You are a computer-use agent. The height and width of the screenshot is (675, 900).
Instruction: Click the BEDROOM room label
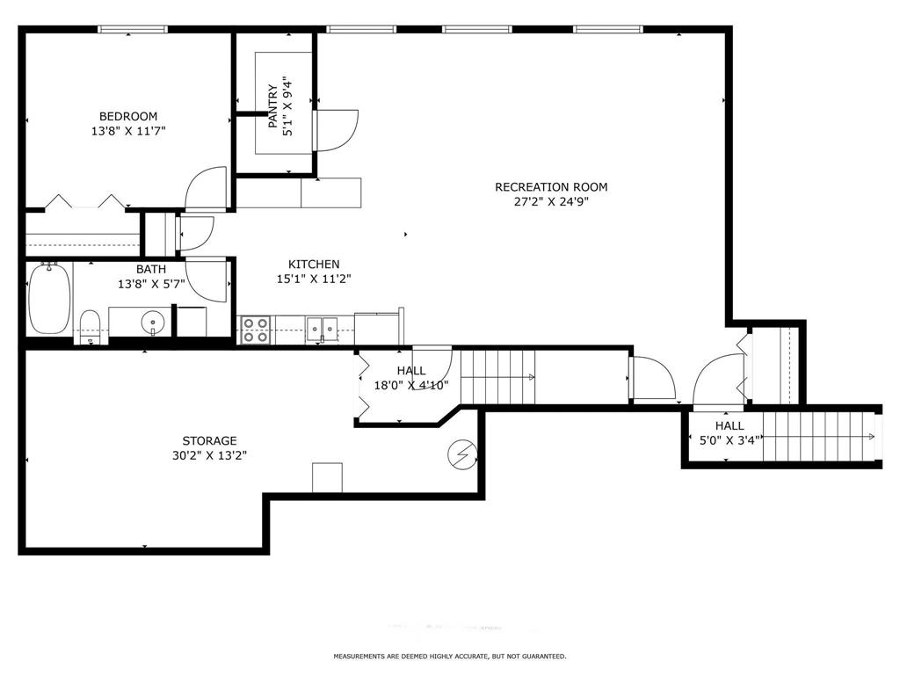pyautogui.click(x=128, y=116)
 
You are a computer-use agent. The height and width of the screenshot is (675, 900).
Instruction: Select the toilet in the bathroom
pyautogui.click(x=90, y=325)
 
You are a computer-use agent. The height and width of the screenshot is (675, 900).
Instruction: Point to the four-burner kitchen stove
pyautogui.click(x=256, y=330)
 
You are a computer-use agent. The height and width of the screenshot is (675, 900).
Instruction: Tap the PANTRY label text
pyautogui.click(x=273, y=106)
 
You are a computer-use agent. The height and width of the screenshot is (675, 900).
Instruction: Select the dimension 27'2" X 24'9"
pyautogui.click(x=551, y=201)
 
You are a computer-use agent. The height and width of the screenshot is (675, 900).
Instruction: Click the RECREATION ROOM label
pyautogui.click(x=551, y=186)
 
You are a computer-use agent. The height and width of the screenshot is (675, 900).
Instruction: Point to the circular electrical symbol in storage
pyautogui.click(x=461, y=454)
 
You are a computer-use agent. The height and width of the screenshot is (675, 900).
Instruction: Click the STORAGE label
pyautogui.click(x=209, y=440)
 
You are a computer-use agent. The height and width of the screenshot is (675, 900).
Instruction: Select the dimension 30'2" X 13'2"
pyautogui.click(x=209, y=455)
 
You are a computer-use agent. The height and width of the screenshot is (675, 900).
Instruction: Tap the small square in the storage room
pyautogui.click(x=327, y=477)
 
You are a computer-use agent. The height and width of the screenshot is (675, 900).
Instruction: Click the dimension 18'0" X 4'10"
pyautogui.click(x=410, y=385)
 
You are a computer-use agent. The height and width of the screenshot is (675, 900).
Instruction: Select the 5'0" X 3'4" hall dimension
pyautogui.click(x=729, y=440)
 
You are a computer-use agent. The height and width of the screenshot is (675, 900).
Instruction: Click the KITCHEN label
pyautogui.click(x=314, y=264)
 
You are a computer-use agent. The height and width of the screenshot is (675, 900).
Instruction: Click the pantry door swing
pyautogui.click(x=338, y=129)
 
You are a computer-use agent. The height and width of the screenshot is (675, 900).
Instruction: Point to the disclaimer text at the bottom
pyautogui.click(x=449, y=657)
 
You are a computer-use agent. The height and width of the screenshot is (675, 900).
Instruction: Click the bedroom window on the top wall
pyautogui.click(x=132, y=29)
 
